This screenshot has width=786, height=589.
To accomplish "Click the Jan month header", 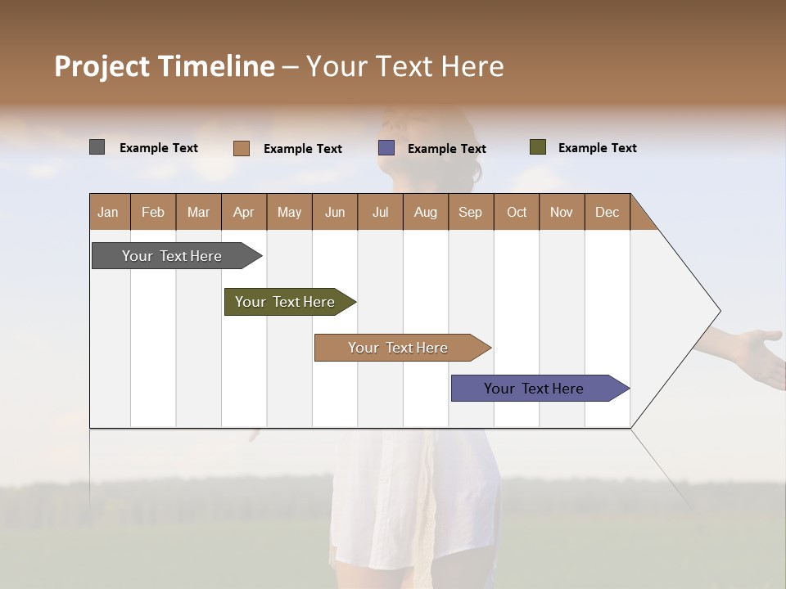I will pos(109,212).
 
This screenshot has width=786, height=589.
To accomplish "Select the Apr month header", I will pos(244,212).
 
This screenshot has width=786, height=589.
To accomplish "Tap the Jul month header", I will pos(381,212).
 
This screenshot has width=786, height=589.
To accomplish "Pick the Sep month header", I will pos(471,212).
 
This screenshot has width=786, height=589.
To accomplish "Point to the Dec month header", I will pos(608,212).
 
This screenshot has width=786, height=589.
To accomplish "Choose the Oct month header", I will pos(517,212).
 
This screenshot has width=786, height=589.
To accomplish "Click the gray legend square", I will pos(97,147).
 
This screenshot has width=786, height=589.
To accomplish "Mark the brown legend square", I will pos(242,148).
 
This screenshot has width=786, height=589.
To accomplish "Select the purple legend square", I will pos(386,148).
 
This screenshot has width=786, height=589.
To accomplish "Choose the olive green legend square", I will pos(538,147).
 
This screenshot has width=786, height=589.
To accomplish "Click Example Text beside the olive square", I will pos(597,148).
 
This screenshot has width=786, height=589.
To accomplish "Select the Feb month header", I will pos(153,212).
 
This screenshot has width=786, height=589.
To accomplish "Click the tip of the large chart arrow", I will pos(719,311).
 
